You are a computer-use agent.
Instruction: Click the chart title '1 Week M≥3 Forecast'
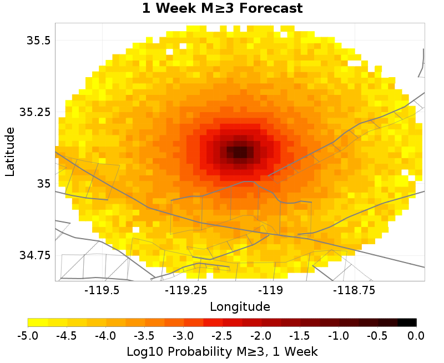(222, 9)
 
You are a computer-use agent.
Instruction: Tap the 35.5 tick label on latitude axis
(38, 41)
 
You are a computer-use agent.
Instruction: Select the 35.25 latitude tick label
(35, 112)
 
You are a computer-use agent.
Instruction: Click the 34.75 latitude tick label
(35, 255)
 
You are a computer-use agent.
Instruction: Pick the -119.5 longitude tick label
(102, 290)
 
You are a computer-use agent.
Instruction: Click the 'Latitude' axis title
(9, 152)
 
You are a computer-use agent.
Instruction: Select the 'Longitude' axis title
(240, 306)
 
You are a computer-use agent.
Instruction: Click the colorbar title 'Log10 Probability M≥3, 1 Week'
(222, 351)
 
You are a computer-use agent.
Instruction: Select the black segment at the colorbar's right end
(407, 322)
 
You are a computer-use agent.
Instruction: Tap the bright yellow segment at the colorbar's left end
(38, 322)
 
